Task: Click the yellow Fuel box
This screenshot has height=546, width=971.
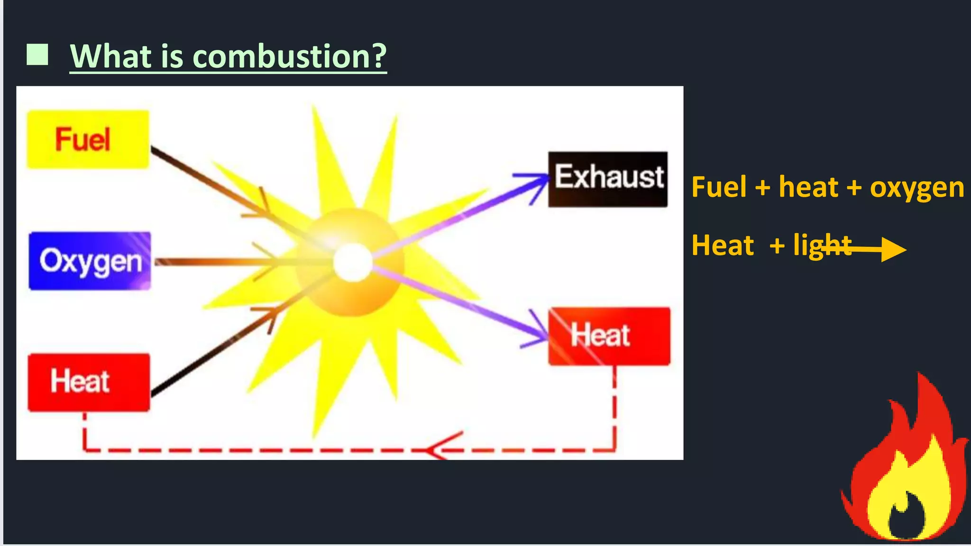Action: pos(88,139)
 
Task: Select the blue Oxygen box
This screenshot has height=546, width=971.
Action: pos(90,261)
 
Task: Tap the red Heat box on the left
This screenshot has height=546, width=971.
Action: pos(89,382)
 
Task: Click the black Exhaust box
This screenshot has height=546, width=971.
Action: pos(608,179)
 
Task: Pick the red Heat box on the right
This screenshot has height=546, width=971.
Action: pos(609,336)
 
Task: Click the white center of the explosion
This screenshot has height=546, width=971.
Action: pos(352,263)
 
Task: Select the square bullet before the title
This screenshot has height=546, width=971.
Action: pos(37,55)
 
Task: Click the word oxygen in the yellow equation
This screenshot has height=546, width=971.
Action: pos(916,188)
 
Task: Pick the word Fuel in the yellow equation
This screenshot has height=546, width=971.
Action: pos(719,187)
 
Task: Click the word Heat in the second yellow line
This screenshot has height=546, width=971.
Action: pos(723,246)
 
